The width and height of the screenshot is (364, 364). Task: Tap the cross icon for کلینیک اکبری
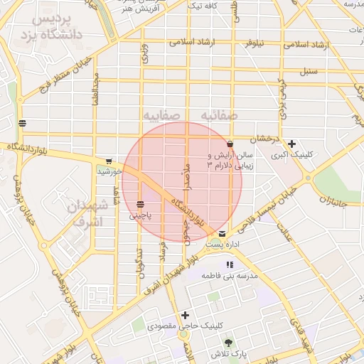(291, 143)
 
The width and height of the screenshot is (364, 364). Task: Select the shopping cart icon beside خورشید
(108, 161)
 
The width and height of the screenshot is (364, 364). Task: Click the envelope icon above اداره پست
(223, 234)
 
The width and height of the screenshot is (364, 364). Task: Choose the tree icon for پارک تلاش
(228, 343)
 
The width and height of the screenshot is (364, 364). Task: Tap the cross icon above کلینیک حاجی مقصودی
(186, 315)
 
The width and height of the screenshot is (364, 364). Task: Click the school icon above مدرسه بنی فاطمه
(228, 264)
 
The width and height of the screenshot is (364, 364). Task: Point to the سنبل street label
(307, 71)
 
